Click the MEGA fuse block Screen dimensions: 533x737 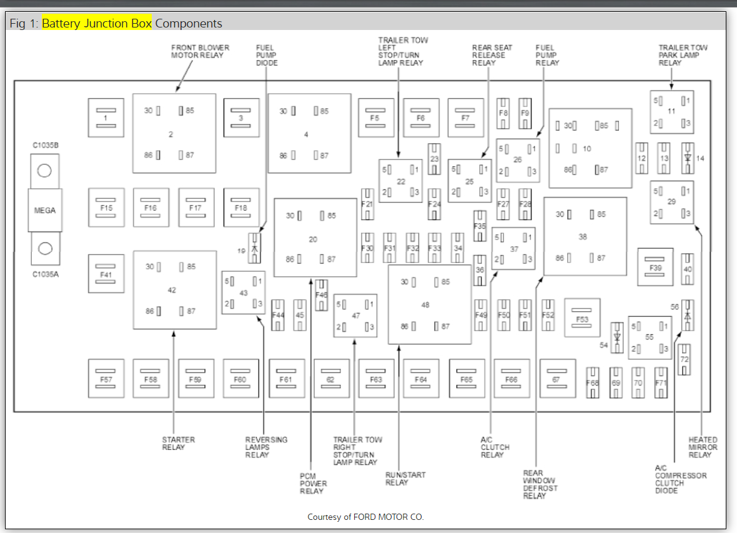[x=44, y=211]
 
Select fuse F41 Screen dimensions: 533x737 [x=106, y=274]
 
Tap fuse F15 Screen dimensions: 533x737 [x=106, y=207]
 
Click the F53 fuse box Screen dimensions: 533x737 [x=582, y=319]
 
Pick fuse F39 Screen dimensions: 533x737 [x=655, y=267]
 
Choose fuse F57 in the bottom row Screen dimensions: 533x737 [x=106, y=379]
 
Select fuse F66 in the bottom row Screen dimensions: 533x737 [x=512, y=379]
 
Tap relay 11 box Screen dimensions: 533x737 [x=671, y=111]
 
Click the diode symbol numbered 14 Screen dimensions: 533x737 [x=688, y=157]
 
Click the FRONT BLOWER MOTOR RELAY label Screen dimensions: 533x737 [x=200, y=51]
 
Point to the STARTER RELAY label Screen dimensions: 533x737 [x=179, y=444]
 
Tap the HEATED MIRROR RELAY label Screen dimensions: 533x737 [x=703, y=447]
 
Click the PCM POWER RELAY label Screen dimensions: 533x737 [x=313, y=483]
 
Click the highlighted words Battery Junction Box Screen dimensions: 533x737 [x=97, y=24]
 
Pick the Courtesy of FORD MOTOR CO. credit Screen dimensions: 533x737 [x=365, y=517]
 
